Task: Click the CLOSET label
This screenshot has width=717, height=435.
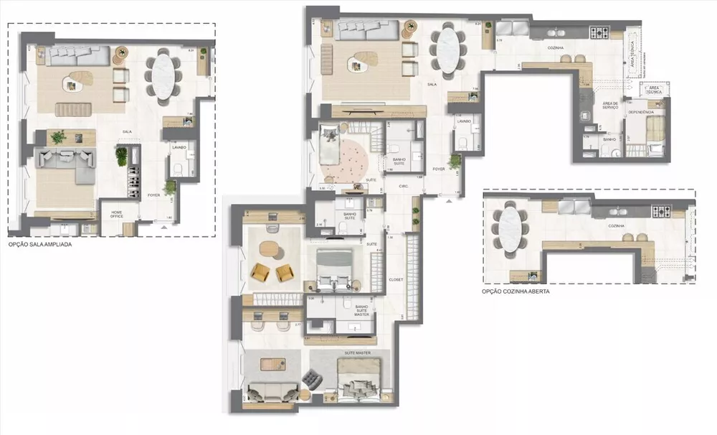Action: click(x=395, y=279)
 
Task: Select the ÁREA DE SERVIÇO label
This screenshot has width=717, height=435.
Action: click(x=609, y=106)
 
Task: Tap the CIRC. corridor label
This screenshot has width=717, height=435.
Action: click(x=404, y=186)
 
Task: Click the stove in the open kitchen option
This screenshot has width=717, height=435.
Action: click(x=660, y=211)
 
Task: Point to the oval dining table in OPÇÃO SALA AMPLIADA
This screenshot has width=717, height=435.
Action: click(x=163, y=74)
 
